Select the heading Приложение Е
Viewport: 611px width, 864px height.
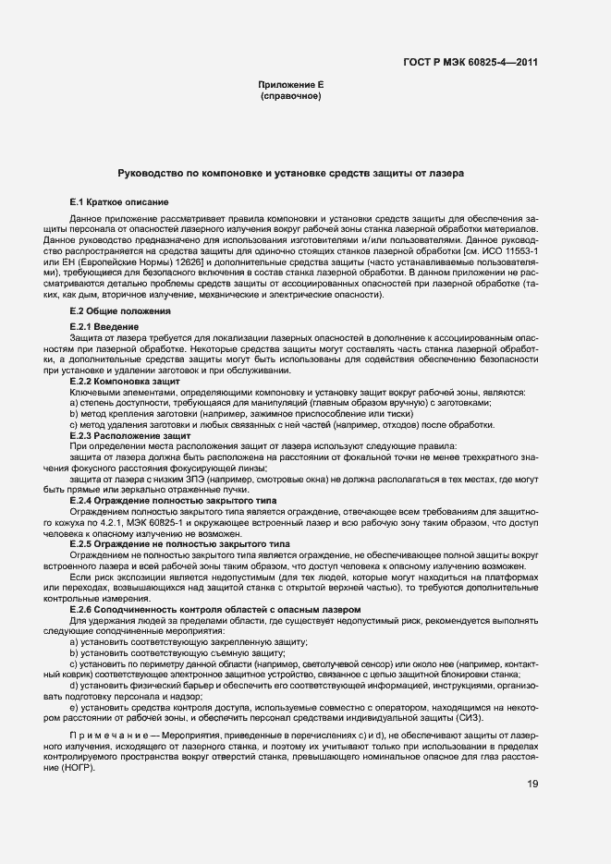pos(290,85)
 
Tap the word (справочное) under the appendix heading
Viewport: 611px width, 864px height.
pos(290,96)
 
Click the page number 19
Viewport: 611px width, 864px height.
pos(533,785)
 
